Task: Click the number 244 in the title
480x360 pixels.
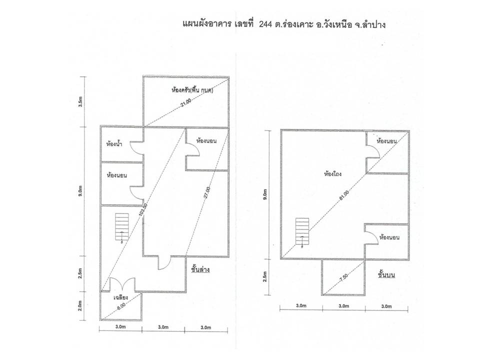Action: [265, 25]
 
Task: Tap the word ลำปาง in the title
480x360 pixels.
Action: [374, 24]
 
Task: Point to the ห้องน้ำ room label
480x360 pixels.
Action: [114, 143]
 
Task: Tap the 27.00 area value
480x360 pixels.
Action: [207, 193]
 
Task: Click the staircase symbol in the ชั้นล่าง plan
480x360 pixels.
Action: [122, 227]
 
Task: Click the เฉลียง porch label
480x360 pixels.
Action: [120, 297]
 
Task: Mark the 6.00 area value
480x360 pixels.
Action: [120, 307]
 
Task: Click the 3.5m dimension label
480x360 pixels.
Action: [80, 101]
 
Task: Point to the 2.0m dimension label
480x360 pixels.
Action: [80, 305]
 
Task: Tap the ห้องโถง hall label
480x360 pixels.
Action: [333, 174]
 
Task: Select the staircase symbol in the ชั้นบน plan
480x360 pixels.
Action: [302, 232]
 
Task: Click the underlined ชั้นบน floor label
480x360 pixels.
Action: [386, 274]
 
